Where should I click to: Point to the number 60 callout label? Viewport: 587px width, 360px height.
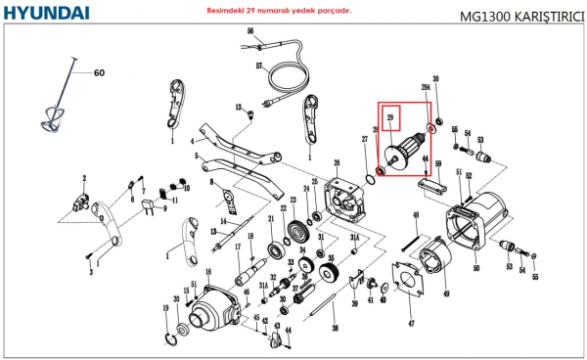(98, 72)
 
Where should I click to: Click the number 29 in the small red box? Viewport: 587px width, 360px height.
(390, 117)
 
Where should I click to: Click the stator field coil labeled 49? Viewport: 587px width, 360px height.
(431, 269)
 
